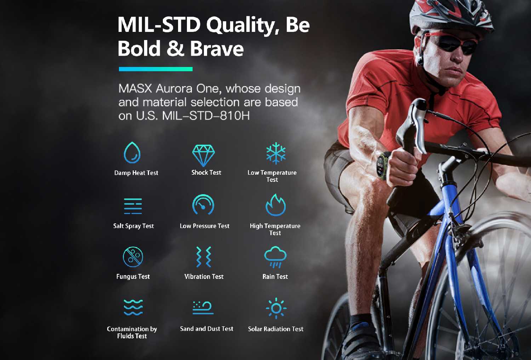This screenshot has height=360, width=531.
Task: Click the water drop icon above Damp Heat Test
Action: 132,153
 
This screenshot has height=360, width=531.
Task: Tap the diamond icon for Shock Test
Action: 204,155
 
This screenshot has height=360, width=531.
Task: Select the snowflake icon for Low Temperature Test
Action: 276,153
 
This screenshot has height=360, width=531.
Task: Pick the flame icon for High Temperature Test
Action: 275,205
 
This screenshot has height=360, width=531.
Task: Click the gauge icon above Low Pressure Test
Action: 203,204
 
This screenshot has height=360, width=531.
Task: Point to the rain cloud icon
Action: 275,257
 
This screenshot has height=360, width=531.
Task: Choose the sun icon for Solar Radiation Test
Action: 276,308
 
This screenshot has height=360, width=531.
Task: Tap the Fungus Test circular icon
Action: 133,257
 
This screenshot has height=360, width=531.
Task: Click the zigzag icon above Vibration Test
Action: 204,257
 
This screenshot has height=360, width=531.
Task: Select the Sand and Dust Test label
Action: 206,329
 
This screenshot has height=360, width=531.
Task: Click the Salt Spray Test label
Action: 133,226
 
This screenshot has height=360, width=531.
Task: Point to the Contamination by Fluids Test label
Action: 132,332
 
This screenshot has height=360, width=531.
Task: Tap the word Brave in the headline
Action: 217,49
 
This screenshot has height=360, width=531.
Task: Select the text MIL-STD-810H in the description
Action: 206,116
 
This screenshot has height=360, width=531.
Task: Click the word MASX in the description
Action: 135,89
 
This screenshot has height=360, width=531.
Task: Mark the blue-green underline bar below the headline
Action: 155,69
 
